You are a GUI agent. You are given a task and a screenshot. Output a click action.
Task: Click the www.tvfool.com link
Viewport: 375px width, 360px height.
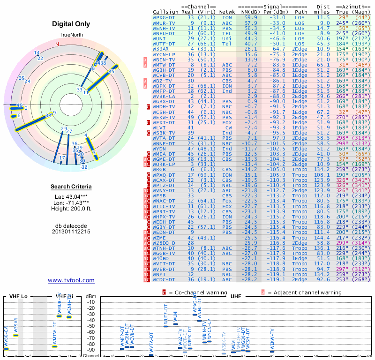pos(71,280)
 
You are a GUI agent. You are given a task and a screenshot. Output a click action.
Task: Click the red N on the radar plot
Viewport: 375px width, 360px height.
pos(57,45)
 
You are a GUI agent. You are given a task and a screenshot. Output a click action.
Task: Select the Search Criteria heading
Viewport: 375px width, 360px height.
pos(71,187)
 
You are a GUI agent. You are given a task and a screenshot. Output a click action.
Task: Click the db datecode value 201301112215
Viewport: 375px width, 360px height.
pos(71,232)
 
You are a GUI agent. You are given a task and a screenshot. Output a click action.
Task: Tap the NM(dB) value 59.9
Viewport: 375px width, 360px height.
pos(250,17)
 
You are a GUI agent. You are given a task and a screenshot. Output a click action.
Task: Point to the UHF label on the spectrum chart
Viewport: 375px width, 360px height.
pos(236,297)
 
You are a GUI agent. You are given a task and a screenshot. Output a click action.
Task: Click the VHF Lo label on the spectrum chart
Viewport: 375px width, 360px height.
pos(18,297)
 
